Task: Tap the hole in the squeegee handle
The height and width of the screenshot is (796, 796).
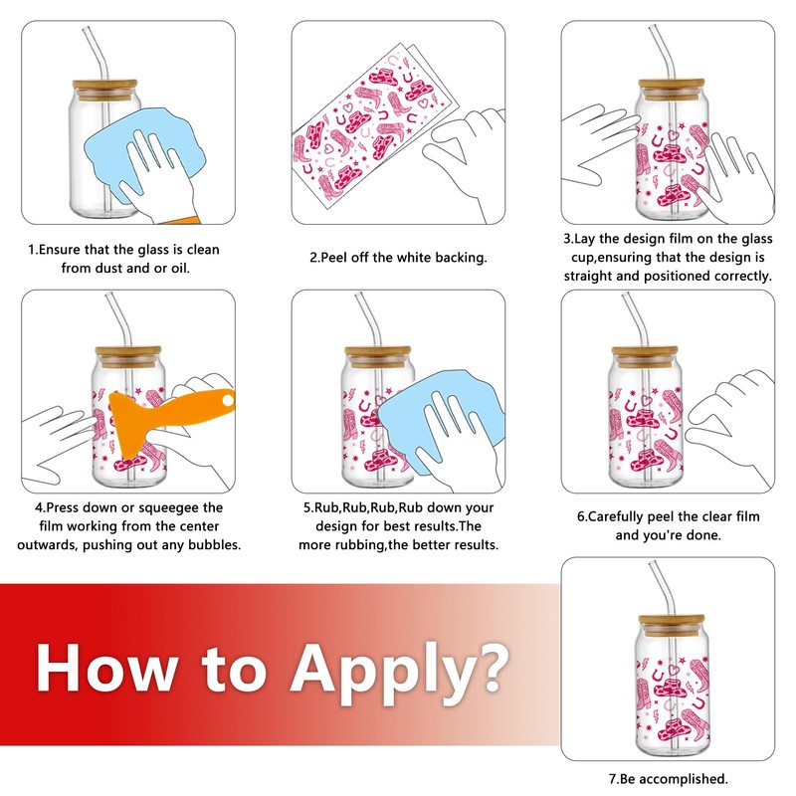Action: [228, 401]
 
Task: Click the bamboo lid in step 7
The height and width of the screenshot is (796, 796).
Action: [671, 622]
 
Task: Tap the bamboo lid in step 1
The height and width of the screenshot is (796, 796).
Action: [104, 88]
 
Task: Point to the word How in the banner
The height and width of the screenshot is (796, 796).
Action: [106, 668]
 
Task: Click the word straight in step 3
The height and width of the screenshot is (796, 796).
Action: [587, 277]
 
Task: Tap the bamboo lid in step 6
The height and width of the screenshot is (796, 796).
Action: [645, 355]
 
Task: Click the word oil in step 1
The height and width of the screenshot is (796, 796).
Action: [179, 268]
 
